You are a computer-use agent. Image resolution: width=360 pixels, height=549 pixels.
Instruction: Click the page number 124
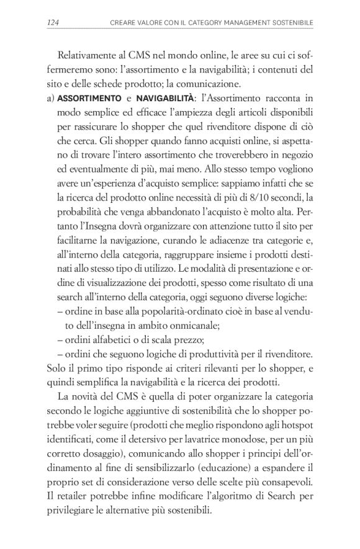[x=53, y=24]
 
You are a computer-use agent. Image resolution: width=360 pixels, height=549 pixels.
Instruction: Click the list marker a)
[x=52, y=99]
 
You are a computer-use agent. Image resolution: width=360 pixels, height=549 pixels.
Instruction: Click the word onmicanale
[x=196, y=324]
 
